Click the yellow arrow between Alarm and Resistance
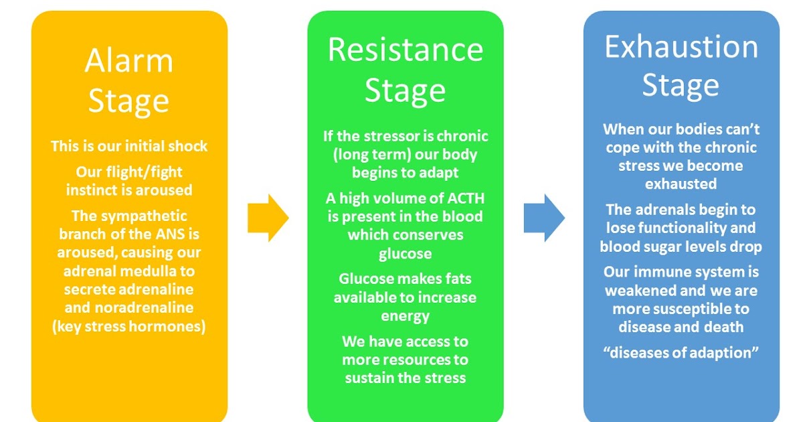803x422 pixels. [268, 218]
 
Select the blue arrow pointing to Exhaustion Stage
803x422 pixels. [544, 218]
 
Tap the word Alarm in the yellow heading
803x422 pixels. [128, 62]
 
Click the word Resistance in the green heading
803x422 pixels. [405, 50]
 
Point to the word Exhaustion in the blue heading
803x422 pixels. [681, 47]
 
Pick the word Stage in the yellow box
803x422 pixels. [128, 102]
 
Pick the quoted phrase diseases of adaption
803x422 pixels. [681, 353]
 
